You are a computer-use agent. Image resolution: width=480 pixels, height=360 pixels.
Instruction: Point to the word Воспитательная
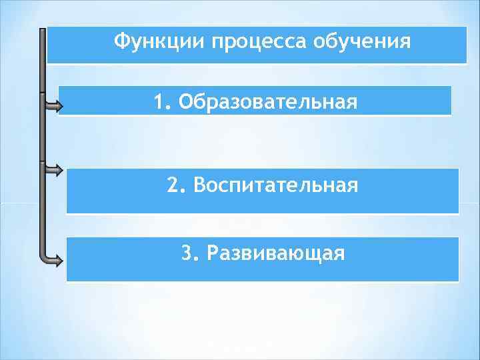coord(275,185)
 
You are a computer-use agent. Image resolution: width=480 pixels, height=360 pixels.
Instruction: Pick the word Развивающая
coord(276,253)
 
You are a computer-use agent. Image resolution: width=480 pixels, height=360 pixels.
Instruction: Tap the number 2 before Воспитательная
coord(173,185)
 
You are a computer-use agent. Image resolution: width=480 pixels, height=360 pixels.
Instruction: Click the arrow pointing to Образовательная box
coord(53,105)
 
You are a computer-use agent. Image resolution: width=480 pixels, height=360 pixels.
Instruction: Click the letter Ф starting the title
coord(121,42)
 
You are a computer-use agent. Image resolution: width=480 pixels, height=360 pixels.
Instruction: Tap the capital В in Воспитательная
coord(198,185)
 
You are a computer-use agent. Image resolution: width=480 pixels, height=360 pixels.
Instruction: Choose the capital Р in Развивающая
coord(213,253)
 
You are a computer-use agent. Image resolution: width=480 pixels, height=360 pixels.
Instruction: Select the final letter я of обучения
coord(405,43)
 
